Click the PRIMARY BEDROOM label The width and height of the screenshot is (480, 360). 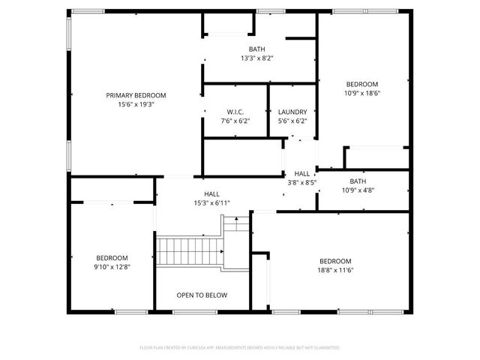[x=136, y=95]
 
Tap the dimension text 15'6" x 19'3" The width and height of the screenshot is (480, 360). [x=136, y=105]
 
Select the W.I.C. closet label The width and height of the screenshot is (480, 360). [x=235, y=112]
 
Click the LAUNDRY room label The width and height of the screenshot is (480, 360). [x=292, y=112]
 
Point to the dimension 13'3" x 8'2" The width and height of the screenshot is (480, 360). [x=256, y=58]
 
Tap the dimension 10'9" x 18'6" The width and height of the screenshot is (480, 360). [x=361, y=94]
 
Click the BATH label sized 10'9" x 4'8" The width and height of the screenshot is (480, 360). [x=358, y=181]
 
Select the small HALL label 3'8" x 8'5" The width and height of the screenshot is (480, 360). [x=302, y=174]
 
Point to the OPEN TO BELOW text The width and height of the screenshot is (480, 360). [x=202, y=295]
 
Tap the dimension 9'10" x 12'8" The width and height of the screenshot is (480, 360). [x=112, y=266]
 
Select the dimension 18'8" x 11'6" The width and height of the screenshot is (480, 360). [x=334, y=270]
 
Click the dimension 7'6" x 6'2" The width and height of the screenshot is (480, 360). [x=235, y=121]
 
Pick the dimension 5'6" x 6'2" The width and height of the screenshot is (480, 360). [x=292, y=121]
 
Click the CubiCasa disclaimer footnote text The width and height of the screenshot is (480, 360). [x=240, y=348]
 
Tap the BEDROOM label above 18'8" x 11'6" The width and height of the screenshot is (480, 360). [x=334, y=260]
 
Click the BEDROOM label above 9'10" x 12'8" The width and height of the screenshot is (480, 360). [x=112, y=256]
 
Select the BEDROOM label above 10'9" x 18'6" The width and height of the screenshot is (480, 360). [x=361, y=84]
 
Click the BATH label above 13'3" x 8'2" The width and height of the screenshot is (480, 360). [x=256, y=49]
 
